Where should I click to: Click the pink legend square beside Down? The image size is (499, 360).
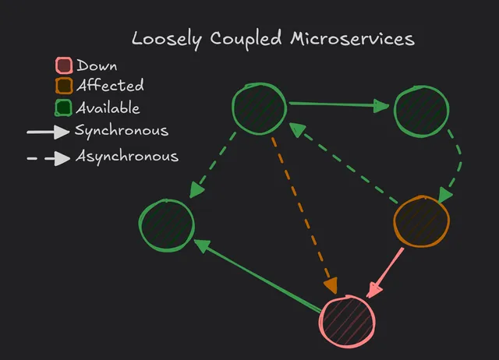pos(65,67)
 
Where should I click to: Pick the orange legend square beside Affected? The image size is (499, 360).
pos(65,86)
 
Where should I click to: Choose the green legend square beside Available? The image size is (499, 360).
pos(65,108)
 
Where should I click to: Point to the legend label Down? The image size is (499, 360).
pos(97,66)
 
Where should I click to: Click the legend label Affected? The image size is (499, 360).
pos(110,86)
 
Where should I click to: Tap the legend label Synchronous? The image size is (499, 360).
pos(121,131)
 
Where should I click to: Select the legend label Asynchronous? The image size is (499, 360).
pos(126,157)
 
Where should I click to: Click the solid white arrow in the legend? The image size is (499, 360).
pos(48,132)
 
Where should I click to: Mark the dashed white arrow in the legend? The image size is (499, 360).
pos(48,159)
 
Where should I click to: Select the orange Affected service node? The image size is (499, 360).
pos(421,222)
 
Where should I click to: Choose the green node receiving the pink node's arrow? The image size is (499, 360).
pos(166,226)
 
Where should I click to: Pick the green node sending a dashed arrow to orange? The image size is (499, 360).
pos(421,111)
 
